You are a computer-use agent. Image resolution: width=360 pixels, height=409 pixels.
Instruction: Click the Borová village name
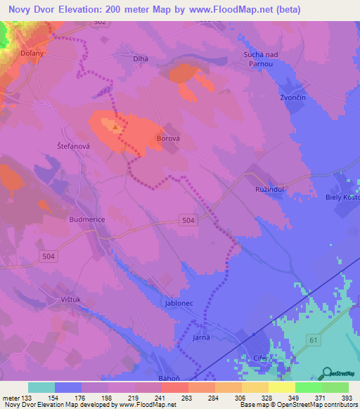point(168,139)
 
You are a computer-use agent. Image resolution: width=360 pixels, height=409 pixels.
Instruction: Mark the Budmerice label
point(87,219)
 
